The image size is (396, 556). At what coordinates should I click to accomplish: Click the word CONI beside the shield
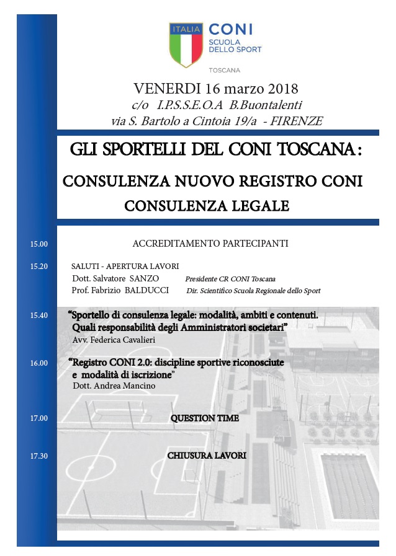[230, 29]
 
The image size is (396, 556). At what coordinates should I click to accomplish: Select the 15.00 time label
[39, 244]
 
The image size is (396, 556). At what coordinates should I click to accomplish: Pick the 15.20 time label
[39, 267]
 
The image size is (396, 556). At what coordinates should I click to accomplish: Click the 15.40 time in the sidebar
[39, 316]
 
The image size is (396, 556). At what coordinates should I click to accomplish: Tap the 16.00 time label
[39, 363]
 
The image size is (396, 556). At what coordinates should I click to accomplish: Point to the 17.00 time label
[39, 418]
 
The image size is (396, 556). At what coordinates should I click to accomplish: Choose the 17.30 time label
[39, 456]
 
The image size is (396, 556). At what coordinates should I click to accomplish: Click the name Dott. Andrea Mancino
[114, 386]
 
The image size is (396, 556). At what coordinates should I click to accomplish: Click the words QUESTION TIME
[205, 418]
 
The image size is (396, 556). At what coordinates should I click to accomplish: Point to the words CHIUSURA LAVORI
[207, 456]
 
